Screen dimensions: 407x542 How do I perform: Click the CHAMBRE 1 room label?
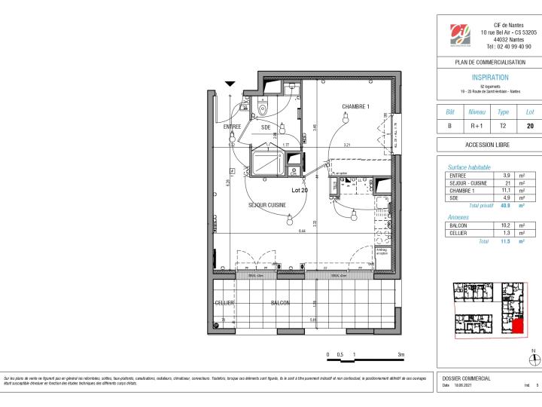point(355,106)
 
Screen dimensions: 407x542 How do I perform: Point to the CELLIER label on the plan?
point(225,303)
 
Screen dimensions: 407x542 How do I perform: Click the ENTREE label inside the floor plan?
point(232,127)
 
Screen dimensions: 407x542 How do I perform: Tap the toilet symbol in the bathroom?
point(262,109)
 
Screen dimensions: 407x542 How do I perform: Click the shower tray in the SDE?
point(266,162)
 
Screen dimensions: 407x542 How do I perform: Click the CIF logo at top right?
point(460,35)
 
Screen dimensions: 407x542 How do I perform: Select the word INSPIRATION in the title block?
point(489,78)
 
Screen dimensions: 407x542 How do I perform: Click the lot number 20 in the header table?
point(530,127)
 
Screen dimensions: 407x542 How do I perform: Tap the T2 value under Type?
point(504,127)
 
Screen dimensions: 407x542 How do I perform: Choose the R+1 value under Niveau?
point(477,127)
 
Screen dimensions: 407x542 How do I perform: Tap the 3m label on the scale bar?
point(401,353)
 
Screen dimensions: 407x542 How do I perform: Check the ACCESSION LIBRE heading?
point(489,145)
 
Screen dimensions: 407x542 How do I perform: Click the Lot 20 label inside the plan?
point(300,191)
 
